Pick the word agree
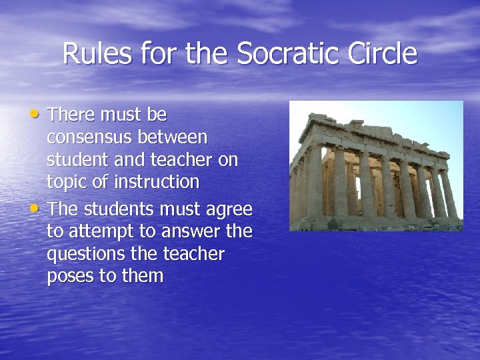click(x=231, y=209)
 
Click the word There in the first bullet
click(x=72, y=115)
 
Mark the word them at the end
click(x=142, y=276)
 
